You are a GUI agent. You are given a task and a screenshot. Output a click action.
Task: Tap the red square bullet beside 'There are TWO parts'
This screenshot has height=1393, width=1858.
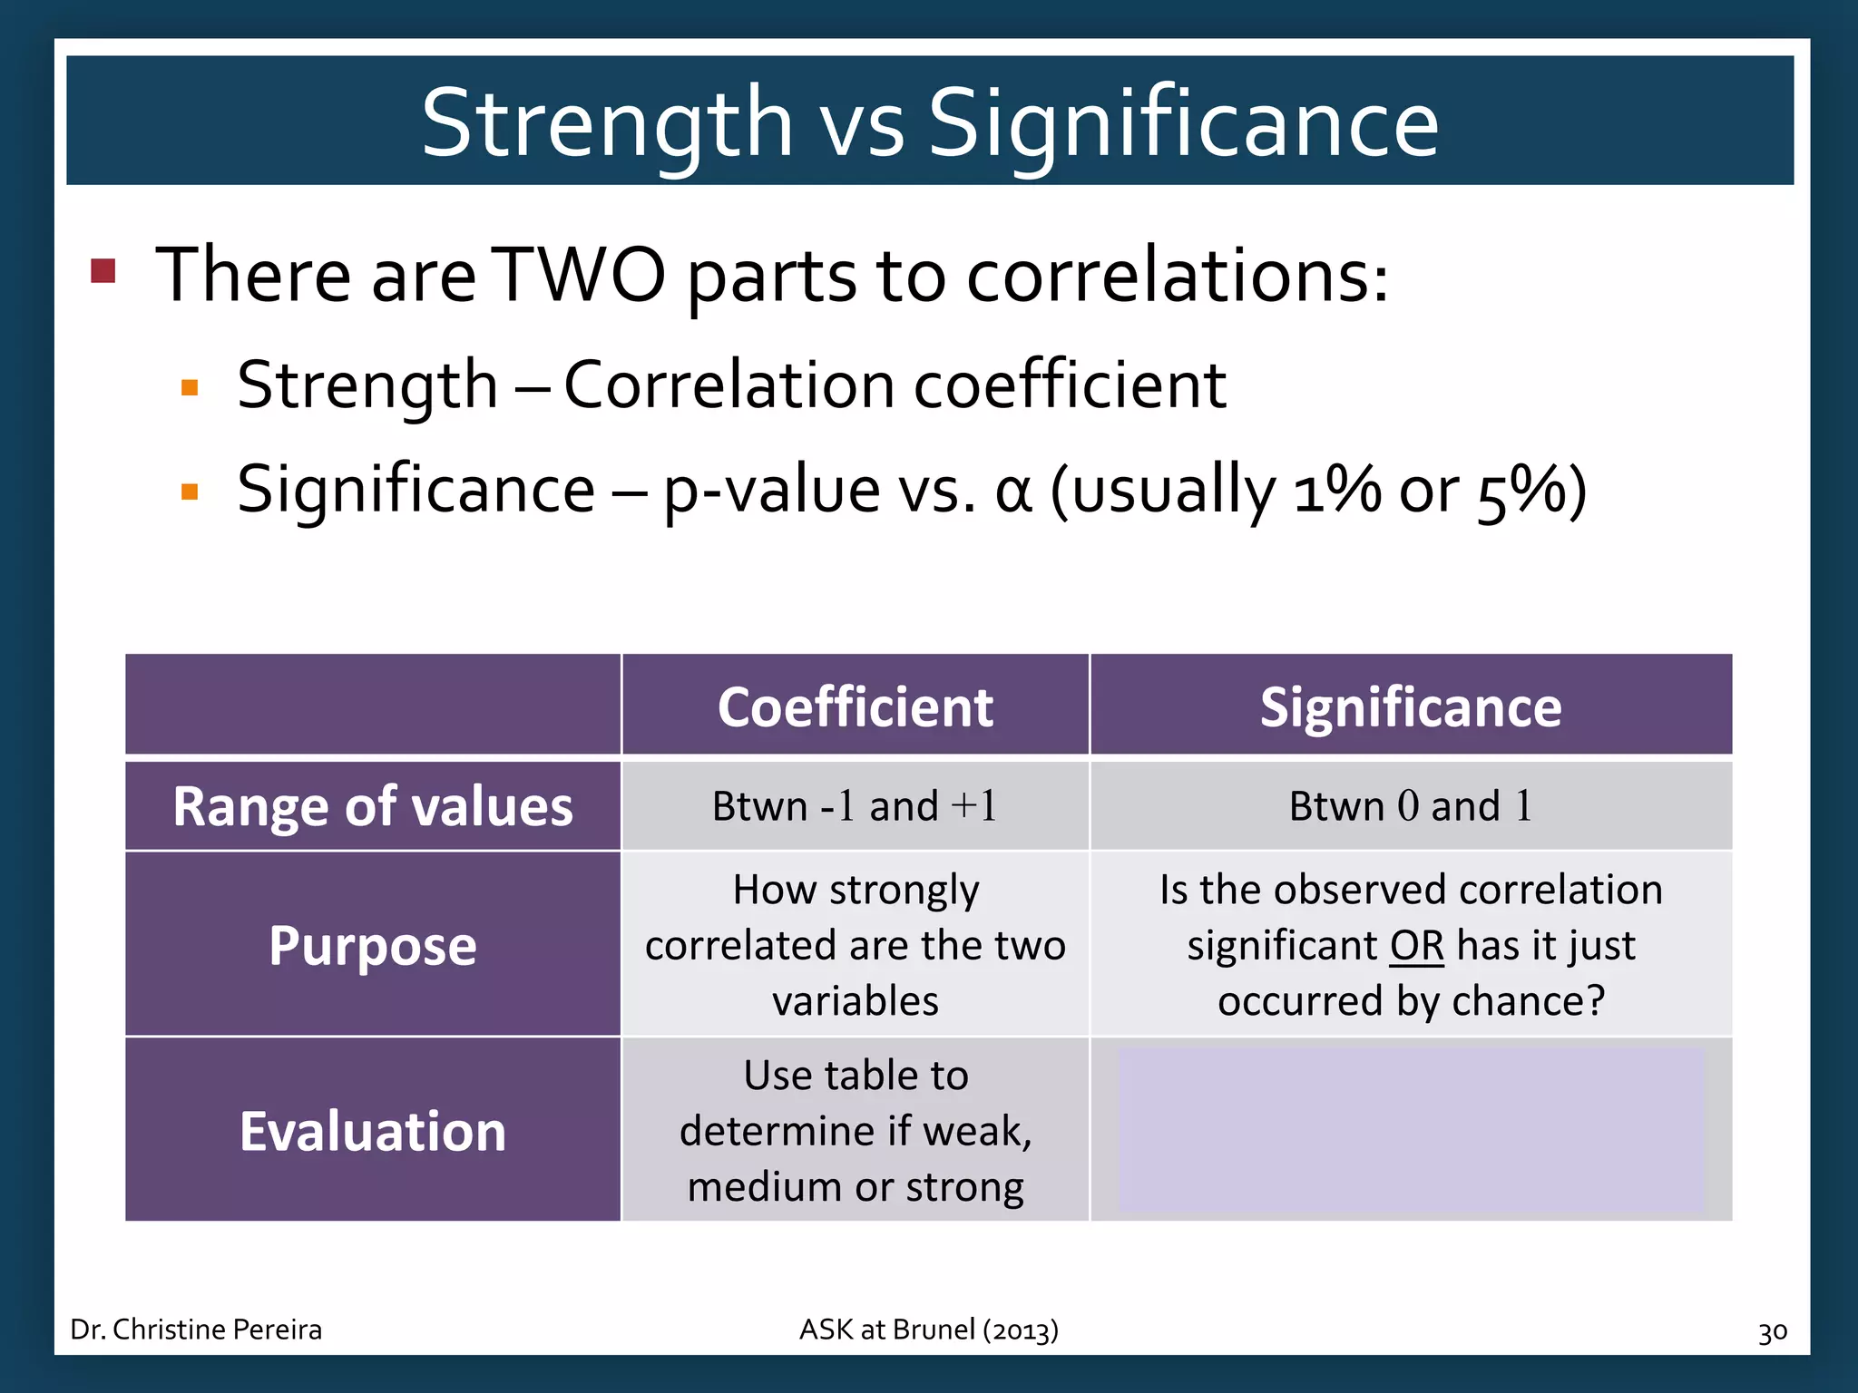[103, 271]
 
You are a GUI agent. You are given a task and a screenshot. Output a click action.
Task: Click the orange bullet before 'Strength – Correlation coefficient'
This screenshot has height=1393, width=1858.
[190, 388]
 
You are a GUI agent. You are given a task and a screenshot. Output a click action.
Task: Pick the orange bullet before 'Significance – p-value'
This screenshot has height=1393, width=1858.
[190, 492]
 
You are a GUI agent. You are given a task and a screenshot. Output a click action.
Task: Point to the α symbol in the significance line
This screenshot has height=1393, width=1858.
[1013, 492]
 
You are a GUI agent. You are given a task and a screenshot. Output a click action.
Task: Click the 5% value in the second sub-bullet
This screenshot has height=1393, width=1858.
[1521, 492]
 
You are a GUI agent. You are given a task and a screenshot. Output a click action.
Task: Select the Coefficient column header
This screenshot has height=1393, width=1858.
[855, 707]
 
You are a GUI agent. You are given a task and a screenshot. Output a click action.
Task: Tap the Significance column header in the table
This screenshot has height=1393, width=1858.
[1411, 707]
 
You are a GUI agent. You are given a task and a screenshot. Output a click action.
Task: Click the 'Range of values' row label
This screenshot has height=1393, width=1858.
[373, 806]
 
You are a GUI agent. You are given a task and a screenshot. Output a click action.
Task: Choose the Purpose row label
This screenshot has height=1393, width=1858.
[373, 946]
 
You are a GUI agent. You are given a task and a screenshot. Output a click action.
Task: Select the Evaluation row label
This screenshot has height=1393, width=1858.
[373, 1132]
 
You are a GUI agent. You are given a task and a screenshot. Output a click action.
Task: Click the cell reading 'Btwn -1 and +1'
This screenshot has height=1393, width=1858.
[855, 806]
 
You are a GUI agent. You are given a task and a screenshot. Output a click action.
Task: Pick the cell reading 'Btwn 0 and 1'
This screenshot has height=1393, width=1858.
[1411, 806]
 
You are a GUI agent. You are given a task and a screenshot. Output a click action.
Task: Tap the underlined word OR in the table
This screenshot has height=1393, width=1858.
[1416, 946]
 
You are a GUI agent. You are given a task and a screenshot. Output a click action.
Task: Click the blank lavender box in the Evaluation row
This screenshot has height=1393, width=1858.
[1411, 1131]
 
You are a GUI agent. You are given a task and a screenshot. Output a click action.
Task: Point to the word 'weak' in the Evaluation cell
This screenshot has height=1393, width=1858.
[976, 1132]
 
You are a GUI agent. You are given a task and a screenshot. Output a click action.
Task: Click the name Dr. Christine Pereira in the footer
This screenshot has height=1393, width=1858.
[196, 1330]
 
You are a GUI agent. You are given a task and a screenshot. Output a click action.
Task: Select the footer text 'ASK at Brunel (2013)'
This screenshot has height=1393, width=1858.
[928, 1330]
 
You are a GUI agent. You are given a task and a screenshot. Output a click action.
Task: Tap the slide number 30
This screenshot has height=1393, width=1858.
[1772, 1332]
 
